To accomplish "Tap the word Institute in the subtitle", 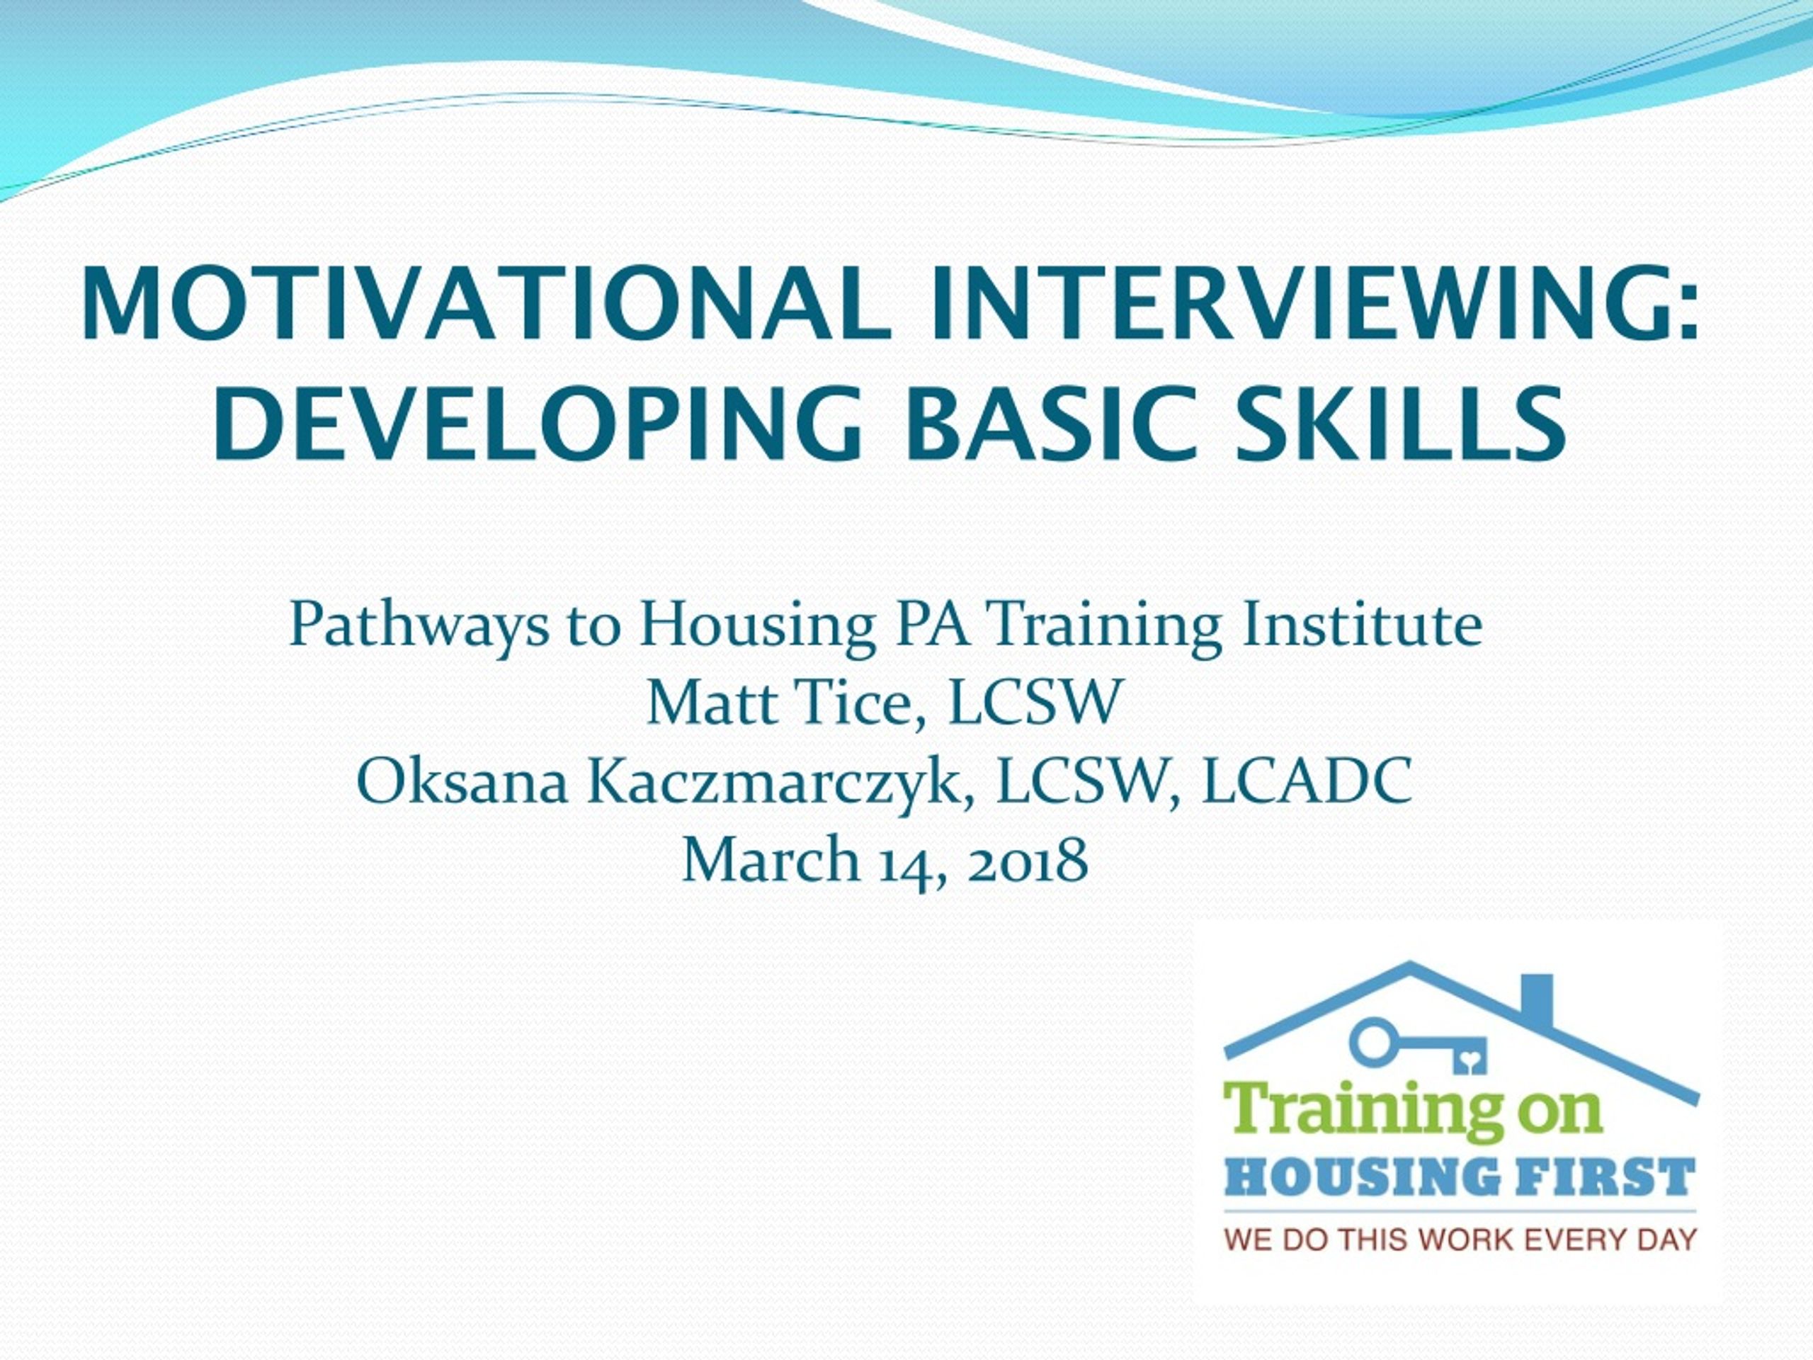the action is point(1362,625).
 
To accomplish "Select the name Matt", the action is point(712,703).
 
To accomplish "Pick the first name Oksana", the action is point(463,782).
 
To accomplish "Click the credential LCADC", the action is point(1307,782).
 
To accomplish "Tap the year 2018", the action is point(1028,861).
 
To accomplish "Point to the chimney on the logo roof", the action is point(1537,999).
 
